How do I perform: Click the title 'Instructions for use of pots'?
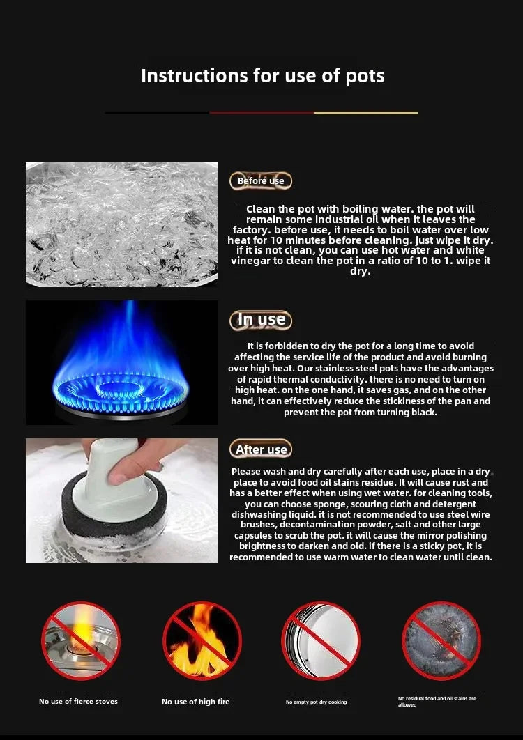262,75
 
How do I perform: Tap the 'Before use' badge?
261,181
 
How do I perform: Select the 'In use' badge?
261,320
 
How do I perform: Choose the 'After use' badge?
261,449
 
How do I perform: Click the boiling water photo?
121,224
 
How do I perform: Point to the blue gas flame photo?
121,362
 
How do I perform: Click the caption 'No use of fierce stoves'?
78,702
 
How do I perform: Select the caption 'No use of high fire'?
195,702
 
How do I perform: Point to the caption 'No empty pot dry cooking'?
316,702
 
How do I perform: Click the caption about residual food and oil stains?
437,701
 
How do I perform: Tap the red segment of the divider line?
261,112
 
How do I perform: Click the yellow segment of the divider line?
366,112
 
